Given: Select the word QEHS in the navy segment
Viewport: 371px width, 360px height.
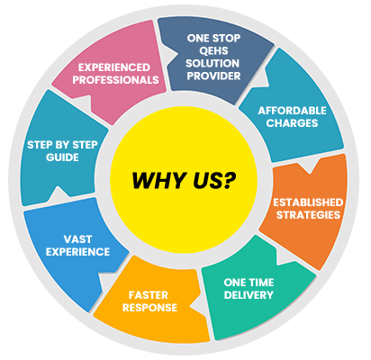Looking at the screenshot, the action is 213,50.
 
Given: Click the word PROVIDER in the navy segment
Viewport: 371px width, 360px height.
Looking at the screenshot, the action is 213,76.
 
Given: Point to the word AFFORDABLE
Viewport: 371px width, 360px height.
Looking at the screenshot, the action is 292,111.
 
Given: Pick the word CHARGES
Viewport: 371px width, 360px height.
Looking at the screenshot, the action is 292,123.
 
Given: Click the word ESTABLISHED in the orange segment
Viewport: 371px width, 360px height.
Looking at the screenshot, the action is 308,202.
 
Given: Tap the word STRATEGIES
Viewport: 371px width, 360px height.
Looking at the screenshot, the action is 308,215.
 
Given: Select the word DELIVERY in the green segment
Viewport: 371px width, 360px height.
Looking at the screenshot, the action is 249,295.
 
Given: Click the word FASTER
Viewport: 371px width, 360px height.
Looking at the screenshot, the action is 149,295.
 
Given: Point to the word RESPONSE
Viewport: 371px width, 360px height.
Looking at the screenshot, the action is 149,308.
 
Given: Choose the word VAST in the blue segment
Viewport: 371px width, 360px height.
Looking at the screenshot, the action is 77,239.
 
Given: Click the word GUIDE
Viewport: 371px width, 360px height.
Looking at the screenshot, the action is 62,157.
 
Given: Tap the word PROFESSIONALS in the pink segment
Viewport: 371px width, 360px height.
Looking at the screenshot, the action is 115,80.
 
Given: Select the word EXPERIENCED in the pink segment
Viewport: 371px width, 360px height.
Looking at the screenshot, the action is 114,67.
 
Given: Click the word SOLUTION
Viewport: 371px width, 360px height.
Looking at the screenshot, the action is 213,63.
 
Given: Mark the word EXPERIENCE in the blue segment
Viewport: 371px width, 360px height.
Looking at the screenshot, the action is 77,252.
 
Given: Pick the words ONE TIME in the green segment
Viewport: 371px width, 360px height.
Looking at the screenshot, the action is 249,283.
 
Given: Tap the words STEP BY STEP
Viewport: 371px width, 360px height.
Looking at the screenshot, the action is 62,145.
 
